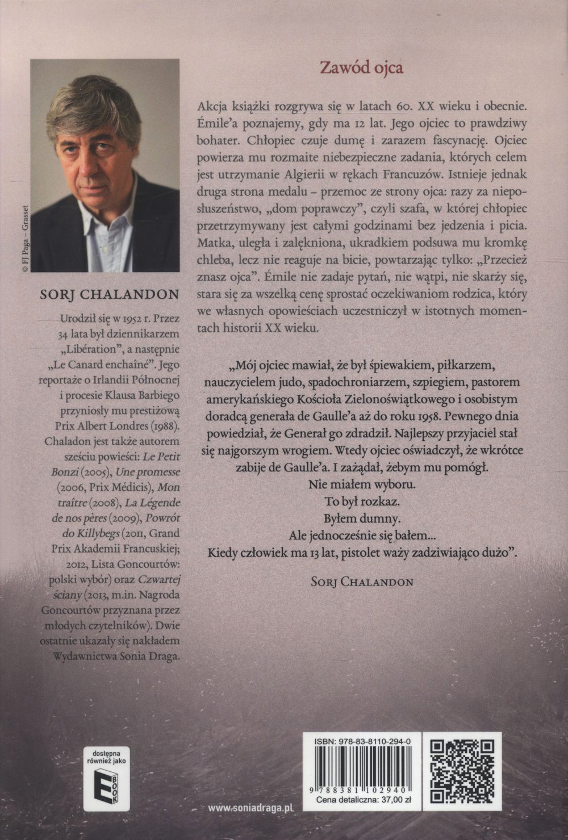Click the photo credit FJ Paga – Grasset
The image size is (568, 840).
click(24, 232)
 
